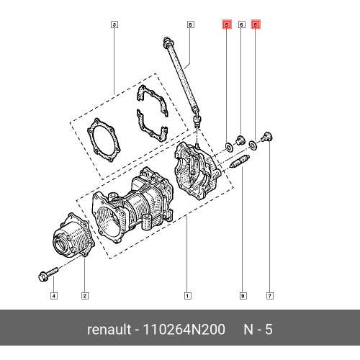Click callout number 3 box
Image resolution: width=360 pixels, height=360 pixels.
[x=114, y=24]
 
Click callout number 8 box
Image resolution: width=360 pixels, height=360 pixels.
[x=190, y=24]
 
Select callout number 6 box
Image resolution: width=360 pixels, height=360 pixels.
[x=241, y=24]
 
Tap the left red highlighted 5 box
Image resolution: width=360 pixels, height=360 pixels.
[x=227, y=24]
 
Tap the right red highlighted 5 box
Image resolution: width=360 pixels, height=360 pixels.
[x=256, y=24]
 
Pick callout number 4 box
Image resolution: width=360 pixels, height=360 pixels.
[x=54, y=296]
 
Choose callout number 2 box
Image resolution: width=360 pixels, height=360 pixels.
[x=84, y=296]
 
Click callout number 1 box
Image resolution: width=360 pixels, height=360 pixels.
[x=187, y=296]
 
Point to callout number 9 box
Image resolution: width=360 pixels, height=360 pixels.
[x=243, y=296]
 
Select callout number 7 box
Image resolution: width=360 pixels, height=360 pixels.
[x=269, y=296]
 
